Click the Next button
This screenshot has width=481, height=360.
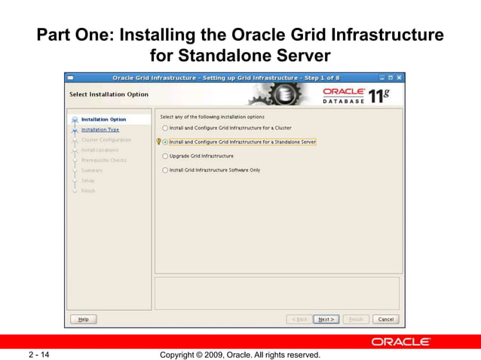(326, 319)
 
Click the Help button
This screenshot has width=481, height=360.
(83, 319)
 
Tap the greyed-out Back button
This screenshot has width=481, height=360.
(299, 319)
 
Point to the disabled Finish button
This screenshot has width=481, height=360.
(355, 319)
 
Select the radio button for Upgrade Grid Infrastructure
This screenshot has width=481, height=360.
(165, 156)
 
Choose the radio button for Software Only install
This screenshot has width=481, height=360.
(165, 170)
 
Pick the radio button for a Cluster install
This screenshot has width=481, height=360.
(165, 128)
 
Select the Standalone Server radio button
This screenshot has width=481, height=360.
(165, 142)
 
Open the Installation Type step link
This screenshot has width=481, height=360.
(100, 130)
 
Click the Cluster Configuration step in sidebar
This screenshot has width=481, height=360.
(106, 140)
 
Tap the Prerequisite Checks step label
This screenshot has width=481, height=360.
(104, 160)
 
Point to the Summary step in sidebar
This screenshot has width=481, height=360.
(92, 170)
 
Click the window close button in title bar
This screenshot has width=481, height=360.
(400, 78)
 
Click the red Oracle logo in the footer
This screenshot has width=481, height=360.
(400, 342)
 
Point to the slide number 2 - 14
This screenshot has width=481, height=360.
(39, 354)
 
